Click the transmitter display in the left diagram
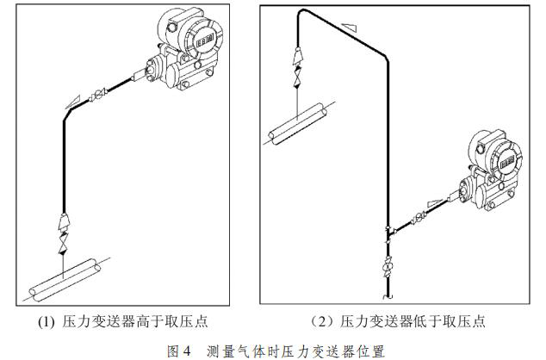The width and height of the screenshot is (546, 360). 205,42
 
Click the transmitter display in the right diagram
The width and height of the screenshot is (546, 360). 507,162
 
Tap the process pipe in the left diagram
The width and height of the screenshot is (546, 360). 65,280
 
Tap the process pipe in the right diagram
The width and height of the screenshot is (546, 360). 298,124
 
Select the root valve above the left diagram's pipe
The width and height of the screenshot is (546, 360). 63,243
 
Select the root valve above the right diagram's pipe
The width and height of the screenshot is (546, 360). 298,77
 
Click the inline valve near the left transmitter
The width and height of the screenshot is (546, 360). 98,95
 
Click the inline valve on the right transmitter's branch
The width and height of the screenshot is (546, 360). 419,218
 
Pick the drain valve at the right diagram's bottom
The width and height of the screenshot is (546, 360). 388,267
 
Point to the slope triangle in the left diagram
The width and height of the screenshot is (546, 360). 73,102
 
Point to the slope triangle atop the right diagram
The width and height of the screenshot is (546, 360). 350,28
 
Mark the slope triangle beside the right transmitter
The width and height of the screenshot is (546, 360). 434,202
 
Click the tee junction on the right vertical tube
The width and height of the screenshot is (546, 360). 388,231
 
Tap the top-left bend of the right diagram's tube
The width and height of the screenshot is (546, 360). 301,12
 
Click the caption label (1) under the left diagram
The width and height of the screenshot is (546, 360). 46,322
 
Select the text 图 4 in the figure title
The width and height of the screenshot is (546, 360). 179,351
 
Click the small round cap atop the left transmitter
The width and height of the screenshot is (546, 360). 171,27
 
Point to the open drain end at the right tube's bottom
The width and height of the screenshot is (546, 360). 388,296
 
